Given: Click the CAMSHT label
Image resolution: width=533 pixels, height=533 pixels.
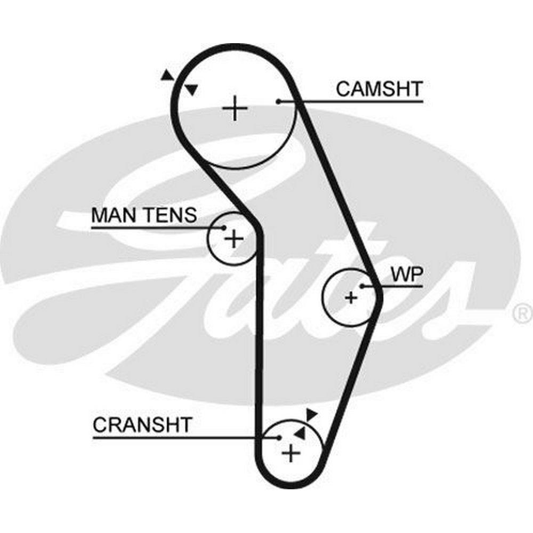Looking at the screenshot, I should [379, 88].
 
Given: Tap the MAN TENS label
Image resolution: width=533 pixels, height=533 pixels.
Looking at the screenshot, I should [144, 215].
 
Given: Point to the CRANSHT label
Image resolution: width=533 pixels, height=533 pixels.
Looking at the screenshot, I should [142, 425].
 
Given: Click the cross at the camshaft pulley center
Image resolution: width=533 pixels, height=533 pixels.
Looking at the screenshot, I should [235, 109].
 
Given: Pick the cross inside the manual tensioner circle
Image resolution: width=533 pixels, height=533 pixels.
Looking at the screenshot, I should [233, 239].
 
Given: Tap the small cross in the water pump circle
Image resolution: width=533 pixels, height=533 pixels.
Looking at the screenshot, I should [351, 297].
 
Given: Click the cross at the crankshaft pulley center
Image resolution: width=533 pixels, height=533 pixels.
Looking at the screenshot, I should [291, 453].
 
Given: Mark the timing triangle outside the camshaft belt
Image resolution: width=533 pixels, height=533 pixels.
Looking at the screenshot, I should [167, 75].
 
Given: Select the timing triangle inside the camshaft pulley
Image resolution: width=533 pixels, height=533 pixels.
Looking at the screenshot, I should [191, 90].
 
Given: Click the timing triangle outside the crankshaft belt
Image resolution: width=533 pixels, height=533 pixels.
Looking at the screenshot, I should [311, 414].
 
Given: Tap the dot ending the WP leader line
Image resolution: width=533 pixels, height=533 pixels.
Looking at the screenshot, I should [362, 286].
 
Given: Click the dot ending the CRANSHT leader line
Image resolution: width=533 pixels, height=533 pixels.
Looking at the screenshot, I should [279, 438].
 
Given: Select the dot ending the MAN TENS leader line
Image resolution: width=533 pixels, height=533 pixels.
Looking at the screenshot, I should [224, 228].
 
